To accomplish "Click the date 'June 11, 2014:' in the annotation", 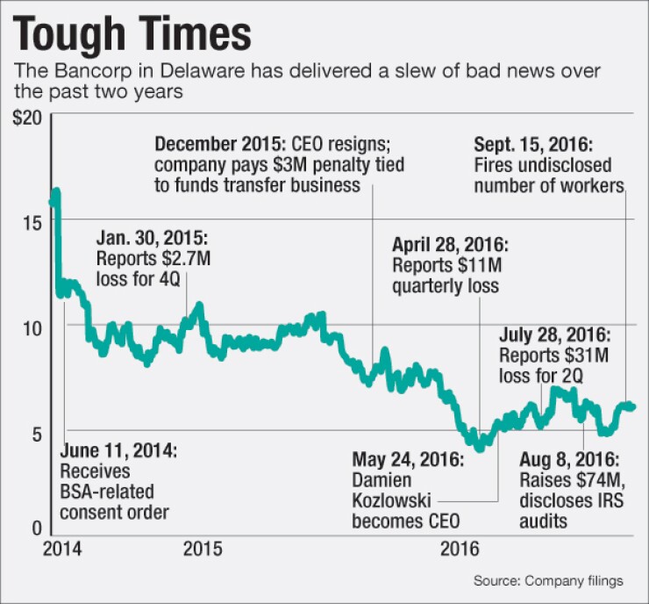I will pos(118,451).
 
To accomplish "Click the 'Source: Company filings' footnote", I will pos(548,581).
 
